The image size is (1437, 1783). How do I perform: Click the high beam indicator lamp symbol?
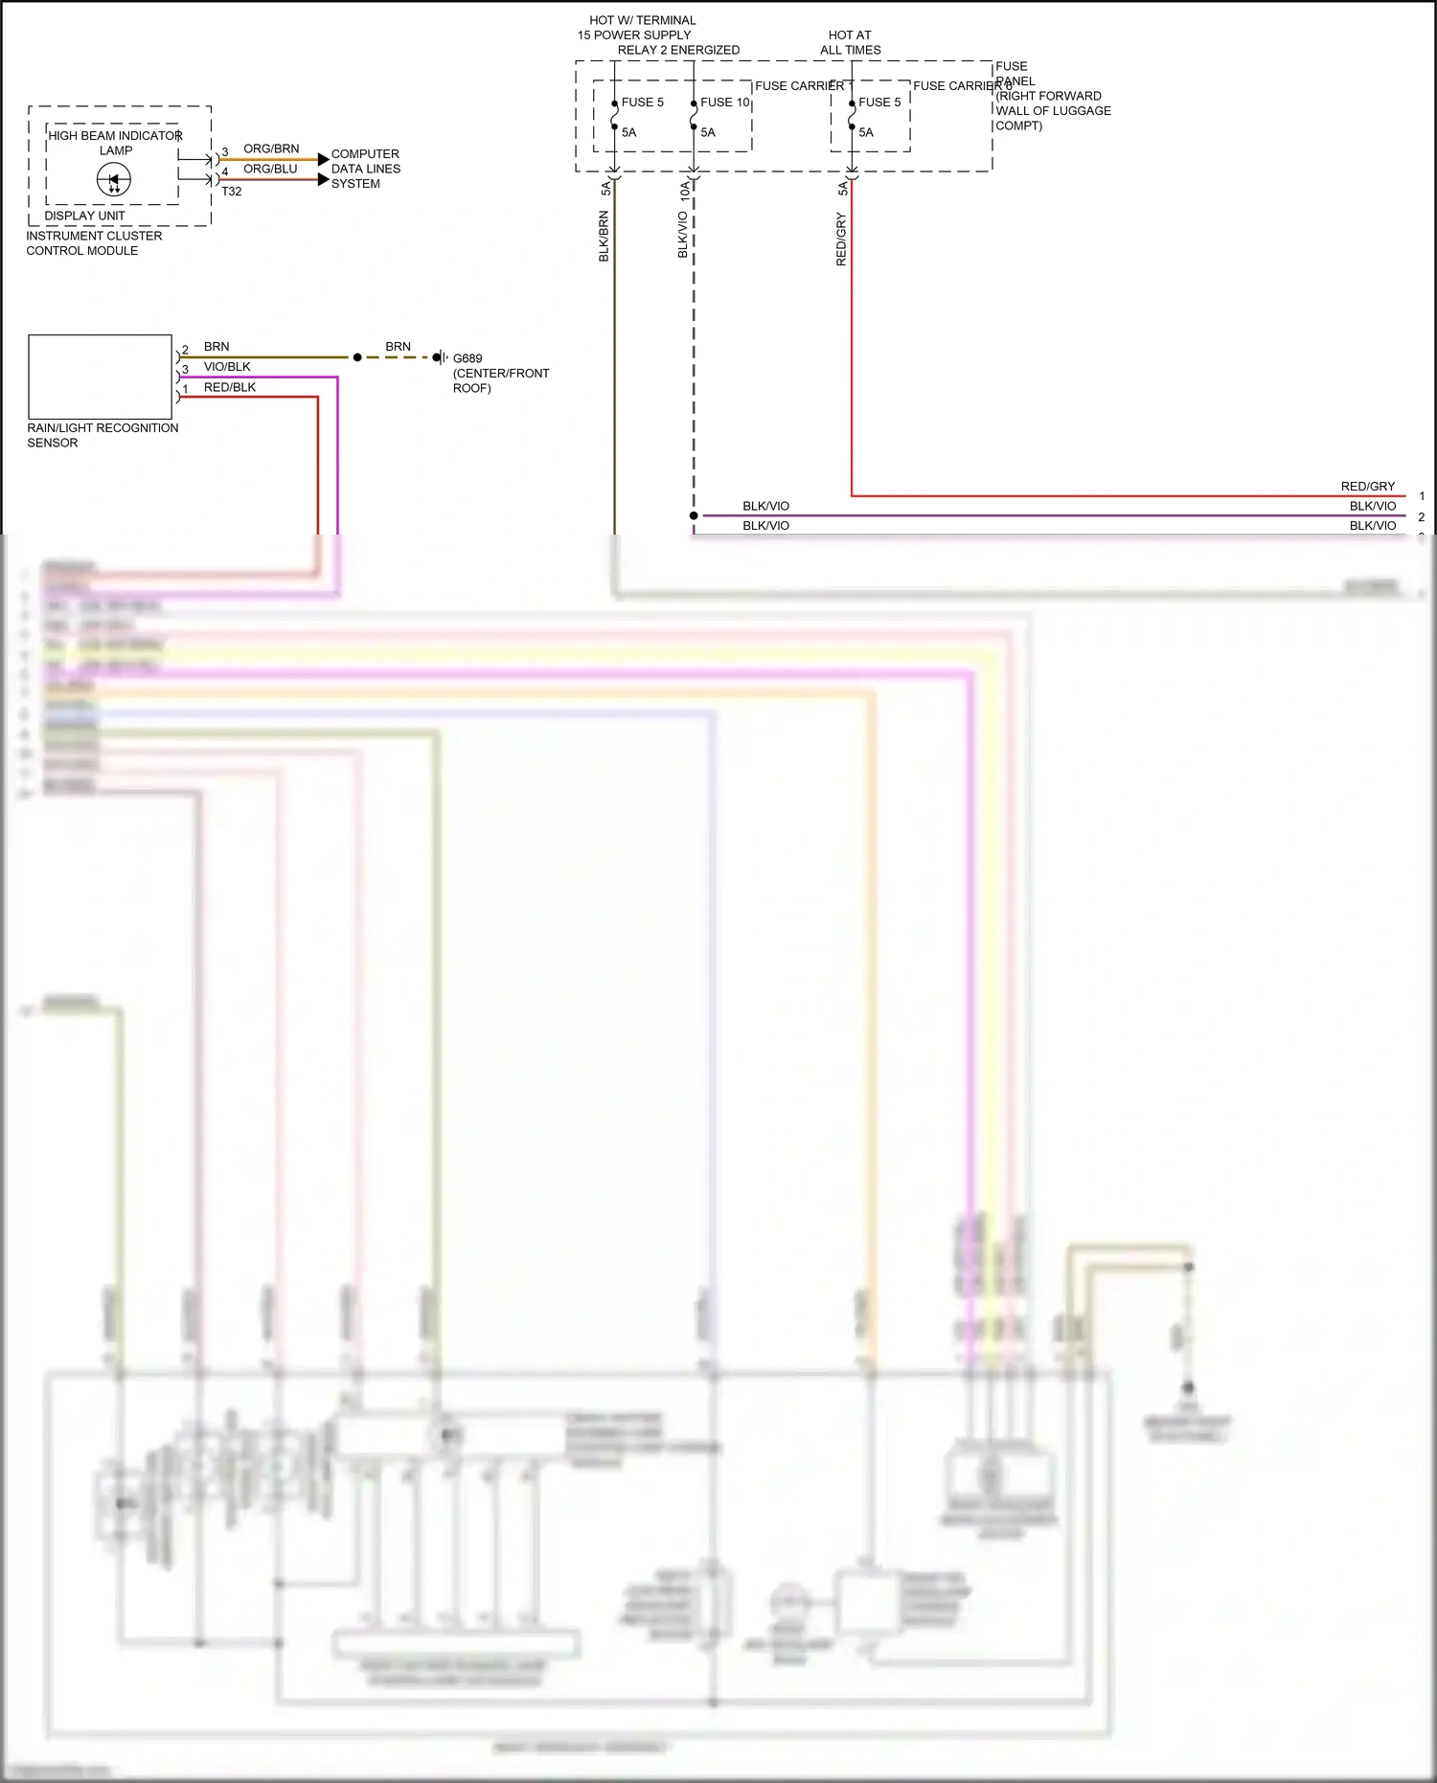click(x=114, y=180)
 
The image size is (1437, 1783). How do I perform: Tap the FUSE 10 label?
click(x=724, y=103)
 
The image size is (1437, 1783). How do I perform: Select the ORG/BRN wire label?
click(x=271, y=149)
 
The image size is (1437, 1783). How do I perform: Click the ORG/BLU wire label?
click(x=270, y=169)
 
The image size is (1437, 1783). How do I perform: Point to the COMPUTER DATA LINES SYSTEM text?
click(x=365, y=169)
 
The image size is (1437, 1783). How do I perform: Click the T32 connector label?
click(x=232, y=192)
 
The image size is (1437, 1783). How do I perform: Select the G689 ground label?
click(x=468, y=358)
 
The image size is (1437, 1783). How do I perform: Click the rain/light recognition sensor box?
click(x=100, y=377)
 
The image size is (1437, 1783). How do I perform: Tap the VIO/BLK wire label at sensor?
click(x=227, y=367)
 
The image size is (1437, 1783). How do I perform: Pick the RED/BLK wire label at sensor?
click(x=230, y=388)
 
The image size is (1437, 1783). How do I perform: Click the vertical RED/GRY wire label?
click(x=841, y=240)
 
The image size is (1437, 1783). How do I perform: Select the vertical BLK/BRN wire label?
click(x=604, y=237)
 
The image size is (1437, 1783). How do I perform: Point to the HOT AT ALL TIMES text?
click(x=850, y=42)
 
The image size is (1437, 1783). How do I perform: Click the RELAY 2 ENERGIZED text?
click(x=678, y=50)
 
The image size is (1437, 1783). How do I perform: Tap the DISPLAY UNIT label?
click(x=84, y=216)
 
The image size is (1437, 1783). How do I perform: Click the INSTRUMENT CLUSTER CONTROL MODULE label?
click(x=94, y=243)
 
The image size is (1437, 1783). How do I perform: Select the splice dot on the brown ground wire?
click(x=357, y=357)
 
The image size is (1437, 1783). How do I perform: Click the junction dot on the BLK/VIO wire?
click(x=694, y=515)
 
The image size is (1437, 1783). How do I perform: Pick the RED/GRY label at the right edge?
click(x=1367, y=487)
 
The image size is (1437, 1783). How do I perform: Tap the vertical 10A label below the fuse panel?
click(x=684, y=190)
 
